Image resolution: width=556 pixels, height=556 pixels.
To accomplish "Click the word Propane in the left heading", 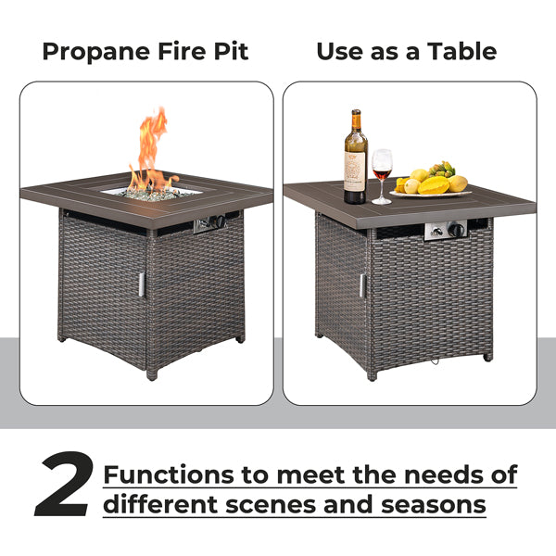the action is point(96,52).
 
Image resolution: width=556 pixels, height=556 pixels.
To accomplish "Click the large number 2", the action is point(65,484).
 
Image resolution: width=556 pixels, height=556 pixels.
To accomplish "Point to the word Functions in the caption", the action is point(169,474).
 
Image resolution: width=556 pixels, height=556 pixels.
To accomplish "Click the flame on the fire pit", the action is point(152,150).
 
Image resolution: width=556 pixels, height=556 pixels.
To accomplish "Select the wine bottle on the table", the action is point(355,157).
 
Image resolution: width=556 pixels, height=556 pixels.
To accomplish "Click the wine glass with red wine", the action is point(382,176).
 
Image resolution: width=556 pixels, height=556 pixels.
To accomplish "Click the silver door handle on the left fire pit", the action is point(142,284).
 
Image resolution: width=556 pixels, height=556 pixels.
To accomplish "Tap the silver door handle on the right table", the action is point(362,285).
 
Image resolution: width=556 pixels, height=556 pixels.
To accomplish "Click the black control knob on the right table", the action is point(456,230).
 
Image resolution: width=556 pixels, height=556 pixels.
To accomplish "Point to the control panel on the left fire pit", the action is point(210,224).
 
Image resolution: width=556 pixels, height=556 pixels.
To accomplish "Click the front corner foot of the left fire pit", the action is point(152,375).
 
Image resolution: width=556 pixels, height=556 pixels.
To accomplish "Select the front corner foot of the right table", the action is point(372,376).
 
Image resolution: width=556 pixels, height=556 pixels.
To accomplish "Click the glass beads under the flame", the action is point(153,194).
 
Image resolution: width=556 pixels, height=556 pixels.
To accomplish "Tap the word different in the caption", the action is point(160,504).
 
